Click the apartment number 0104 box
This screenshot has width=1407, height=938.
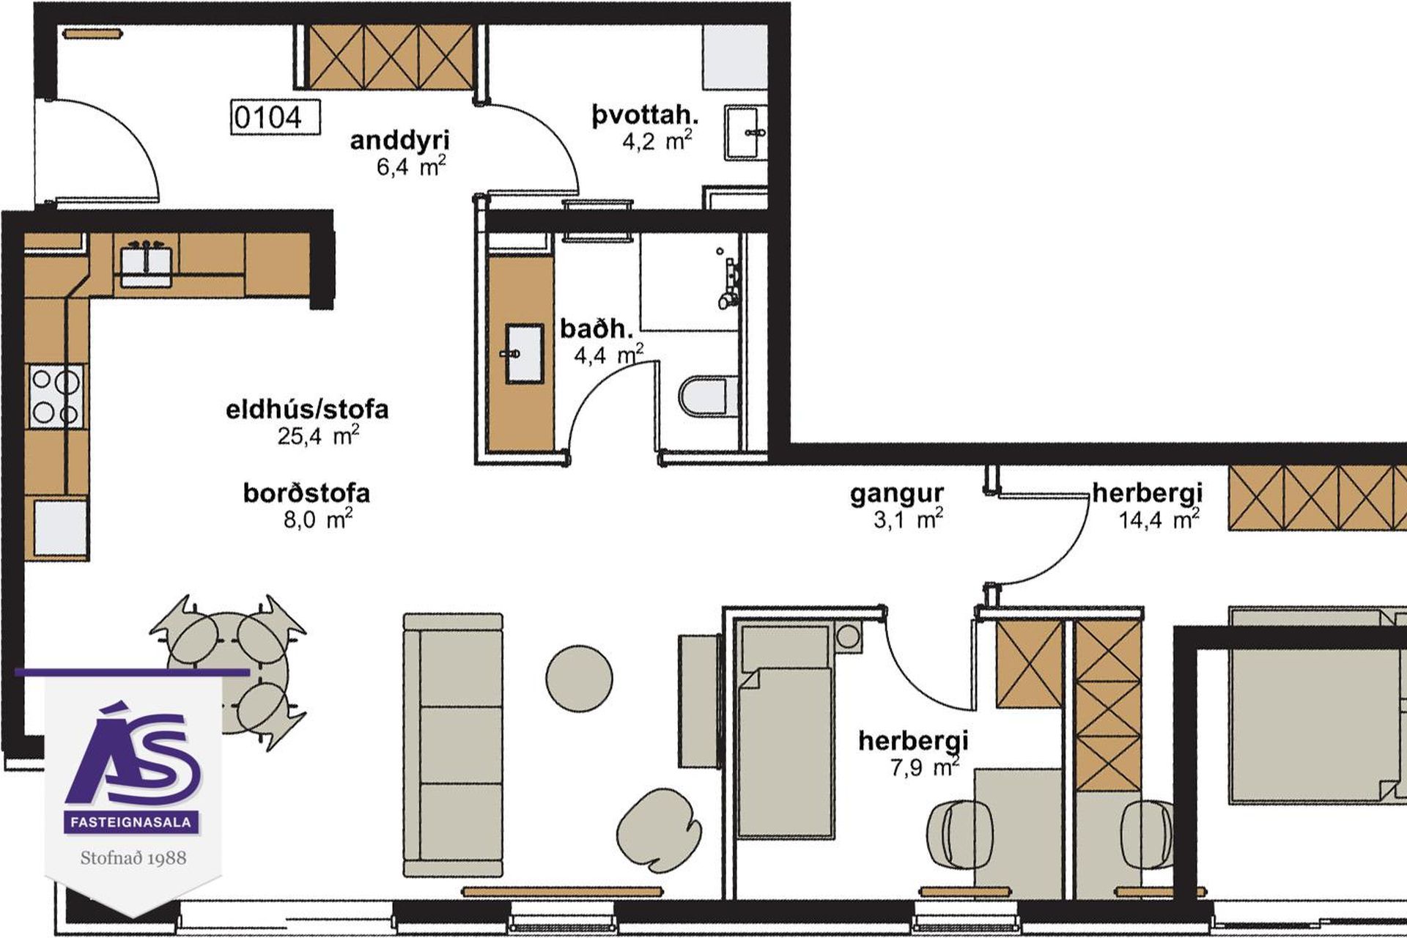tap(276, 117)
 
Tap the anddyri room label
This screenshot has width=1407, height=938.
tap(399, 140)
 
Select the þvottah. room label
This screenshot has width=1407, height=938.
tap(645, 115)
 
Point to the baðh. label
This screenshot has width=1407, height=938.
tap(597, 328)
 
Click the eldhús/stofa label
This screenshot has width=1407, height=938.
tap(307, 409)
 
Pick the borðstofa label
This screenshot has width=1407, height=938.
tap(306, 492)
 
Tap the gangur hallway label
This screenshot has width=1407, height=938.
tap(897, 495)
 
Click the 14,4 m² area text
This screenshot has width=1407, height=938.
tap(1159, 520)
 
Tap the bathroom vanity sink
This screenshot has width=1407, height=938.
tap(524, 354)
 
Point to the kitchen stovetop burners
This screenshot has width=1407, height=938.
tap(56, 397)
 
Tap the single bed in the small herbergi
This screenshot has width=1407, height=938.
tap(786, 728)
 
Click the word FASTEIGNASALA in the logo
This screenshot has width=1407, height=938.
tap(131, 822)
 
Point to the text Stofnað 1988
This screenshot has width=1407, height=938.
tap(133, 857)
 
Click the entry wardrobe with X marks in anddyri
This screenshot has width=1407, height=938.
tap(390, 57)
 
